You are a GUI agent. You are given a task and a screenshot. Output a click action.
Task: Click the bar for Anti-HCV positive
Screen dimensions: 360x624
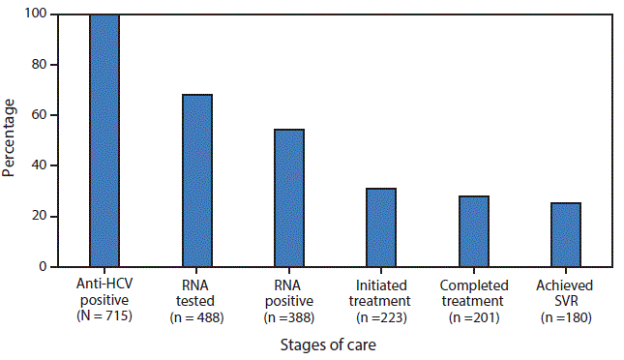104,140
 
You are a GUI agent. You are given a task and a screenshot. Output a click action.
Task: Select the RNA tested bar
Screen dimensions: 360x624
197,180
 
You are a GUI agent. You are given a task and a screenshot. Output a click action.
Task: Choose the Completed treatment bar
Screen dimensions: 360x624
474,230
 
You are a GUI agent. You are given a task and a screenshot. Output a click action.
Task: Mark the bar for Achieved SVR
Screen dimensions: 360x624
566,234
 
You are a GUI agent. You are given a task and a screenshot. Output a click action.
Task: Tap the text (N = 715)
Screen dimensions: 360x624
104,316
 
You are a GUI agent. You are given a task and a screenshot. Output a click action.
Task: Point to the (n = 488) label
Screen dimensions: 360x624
196,316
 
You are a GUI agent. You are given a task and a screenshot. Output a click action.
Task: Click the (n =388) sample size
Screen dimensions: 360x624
289,316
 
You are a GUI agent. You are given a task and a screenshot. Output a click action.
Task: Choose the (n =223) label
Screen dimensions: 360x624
381,316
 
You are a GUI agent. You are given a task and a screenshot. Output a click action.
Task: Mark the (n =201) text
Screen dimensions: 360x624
473,316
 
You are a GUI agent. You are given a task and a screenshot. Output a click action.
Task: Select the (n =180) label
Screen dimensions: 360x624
566,316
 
